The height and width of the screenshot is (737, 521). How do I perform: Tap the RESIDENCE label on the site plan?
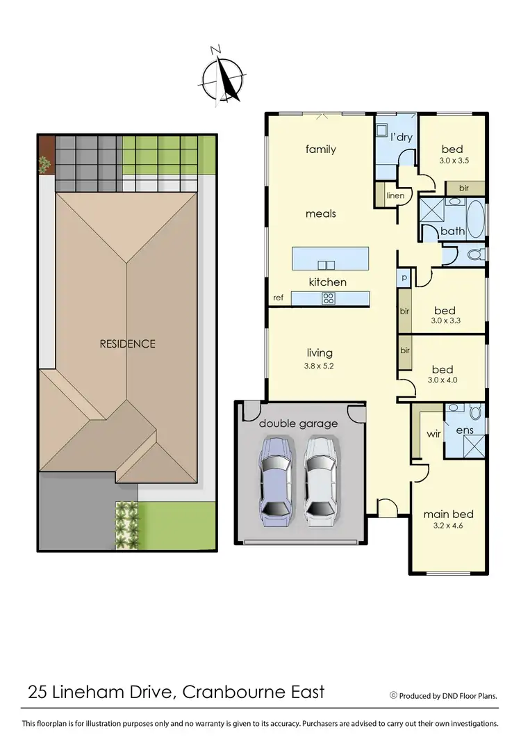[x=127, y=343]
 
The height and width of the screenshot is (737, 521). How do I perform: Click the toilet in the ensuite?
[x=476, y=413]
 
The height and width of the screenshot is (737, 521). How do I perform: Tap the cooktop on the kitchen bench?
[x=327, y=299]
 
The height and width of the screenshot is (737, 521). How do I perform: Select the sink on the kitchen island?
[x=326, y=264]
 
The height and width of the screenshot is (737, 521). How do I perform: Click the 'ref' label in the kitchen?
[x=278, y=298]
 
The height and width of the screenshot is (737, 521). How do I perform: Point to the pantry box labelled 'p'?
[x=404, y=278]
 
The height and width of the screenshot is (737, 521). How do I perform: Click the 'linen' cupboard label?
[x=395, y=195]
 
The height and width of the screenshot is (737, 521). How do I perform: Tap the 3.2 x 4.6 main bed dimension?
[x=448, y=526]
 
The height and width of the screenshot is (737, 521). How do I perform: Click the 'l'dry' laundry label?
[x=401, y=137]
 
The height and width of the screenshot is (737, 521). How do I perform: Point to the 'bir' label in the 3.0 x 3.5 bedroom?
[x=464, y=188]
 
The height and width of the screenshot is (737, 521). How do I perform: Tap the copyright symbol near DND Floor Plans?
[x=393, y=694]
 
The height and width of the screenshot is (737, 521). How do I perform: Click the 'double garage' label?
[x=298, y=423]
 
